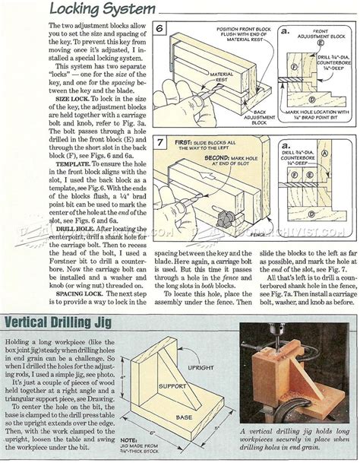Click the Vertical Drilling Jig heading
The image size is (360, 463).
pyautogui.click(x=73, y=322)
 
